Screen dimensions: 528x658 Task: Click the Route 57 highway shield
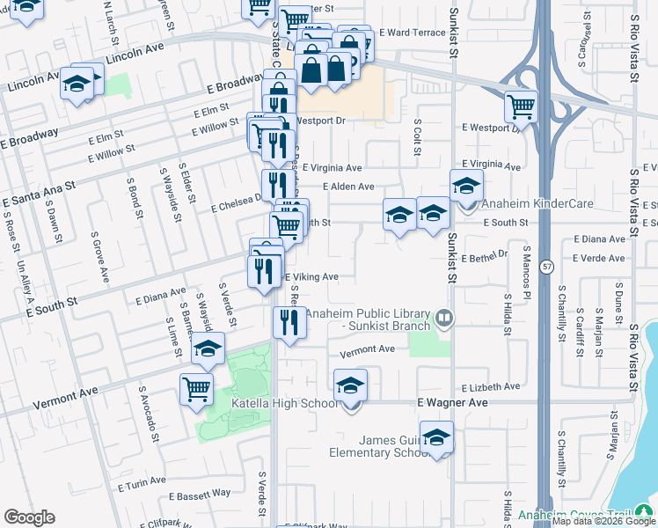coord(546,265)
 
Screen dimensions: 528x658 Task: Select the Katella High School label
coord(284,403)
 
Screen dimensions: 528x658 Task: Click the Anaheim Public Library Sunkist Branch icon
coord(446,318)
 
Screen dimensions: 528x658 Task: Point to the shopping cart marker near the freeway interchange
coord(521,108)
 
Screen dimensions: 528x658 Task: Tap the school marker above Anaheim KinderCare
coord(466,186)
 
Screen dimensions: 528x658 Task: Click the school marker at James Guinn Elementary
coord(436,438)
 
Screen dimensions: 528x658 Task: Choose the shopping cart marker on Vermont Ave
coord(197,388)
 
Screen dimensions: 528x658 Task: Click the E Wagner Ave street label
coord(451,402)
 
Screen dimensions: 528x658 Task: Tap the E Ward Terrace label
coord(413,33)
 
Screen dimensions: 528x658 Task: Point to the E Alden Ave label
coord(348,187)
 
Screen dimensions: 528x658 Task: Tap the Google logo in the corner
coord(29,517)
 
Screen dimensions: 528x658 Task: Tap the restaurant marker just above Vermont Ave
coord(289,322)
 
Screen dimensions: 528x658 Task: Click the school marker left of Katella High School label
coord(208,350)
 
